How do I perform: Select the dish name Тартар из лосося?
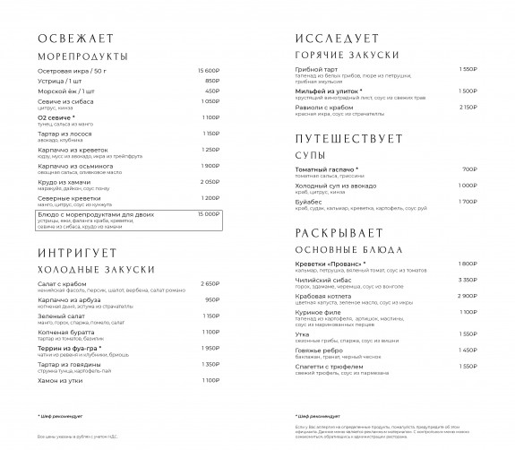coord(65,133)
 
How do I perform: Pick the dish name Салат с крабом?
coord(64,283)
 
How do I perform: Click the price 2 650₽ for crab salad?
coord(210,283)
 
